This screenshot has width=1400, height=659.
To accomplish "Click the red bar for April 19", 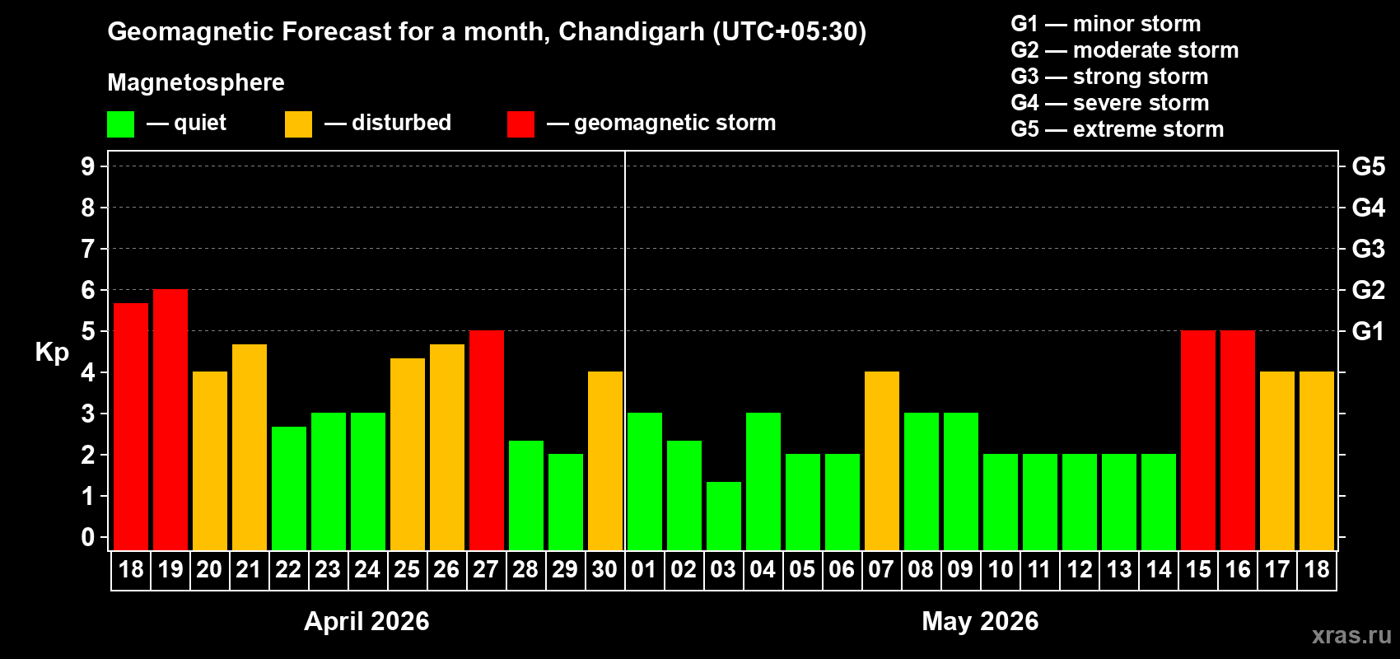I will pos(170,420).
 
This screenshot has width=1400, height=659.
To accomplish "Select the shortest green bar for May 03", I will pos(724,516).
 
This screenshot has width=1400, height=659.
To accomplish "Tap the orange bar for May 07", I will pos(882,461).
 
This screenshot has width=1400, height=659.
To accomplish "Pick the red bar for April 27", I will pos(487,441).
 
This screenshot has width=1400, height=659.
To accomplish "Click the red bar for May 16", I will pos(1238,441).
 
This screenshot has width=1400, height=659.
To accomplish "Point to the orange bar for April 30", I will pos(605,461).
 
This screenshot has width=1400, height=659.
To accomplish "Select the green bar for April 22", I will pos(289,488).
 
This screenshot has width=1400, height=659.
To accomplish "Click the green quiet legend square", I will pos(121,124).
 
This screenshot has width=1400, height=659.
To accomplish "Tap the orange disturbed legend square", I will pos(299,124).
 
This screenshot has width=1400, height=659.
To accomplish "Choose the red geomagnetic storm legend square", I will pos(520,124).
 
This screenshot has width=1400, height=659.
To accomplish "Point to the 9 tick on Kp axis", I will pos(88,166).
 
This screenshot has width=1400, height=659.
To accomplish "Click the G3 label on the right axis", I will pos(1368,249).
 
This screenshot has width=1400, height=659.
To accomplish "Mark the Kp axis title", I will pos(52,353).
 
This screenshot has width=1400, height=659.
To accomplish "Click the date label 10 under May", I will pos(1001,570).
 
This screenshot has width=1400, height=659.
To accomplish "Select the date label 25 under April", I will pos(407,570).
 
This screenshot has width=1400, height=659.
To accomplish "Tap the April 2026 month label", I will pos(366,621).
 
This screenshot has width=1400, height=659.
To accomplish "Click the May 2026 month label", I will pos(980,621).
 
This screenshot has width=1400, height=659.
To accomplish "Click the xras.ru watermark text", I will pos(1351,635).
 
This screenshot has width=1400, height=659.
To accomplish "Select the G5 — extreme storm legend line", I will pos(1117,129).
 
